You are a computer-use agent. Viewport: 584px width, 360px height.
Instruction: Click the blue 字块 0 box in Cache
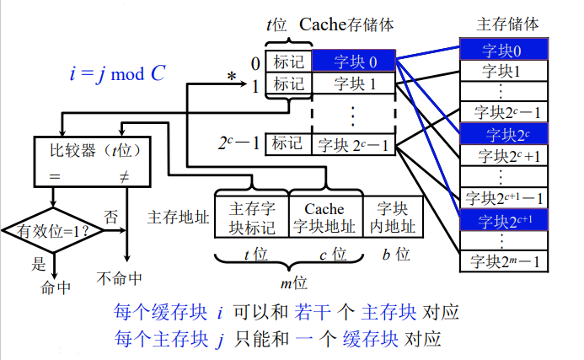(x=353, y=62)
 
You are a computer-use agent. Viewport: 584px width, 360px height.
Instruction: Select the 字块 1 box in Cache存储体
(x=353, y=83)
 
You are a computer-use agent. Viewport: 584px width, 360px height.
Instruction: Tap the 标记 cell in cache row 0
(x=288, y=62)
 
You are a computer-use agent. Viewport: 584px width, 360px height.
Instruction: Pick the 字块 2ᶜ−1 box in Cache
(x=353, y=144)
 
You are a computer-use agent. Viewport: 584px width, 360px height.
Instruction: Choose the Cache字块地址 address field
(x=324, y=217)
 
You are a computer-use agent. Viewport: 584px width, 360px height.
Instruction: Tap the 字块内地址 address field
(x=393, y=217)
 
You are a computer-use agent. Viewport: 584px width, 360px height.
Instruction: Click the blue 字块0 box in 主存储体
(x=502, y=49)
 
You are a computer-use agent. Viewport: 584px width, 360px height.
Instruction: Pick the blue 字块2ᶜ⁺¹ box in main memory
(x=502, y=220)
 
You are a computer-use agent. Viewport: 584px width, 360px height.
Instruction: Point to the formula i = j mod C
(x=117, y=73)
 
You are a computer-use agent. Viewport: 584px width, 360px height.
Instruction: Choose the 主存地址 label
(x=178, y=217)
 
